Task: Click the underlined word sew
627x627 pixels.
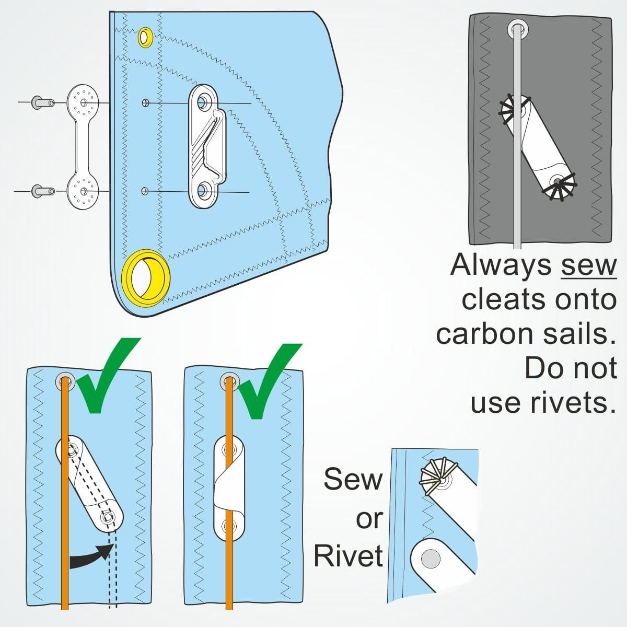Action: coord(588,265)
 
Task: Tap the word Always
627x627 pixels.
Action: coord(501,265)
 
